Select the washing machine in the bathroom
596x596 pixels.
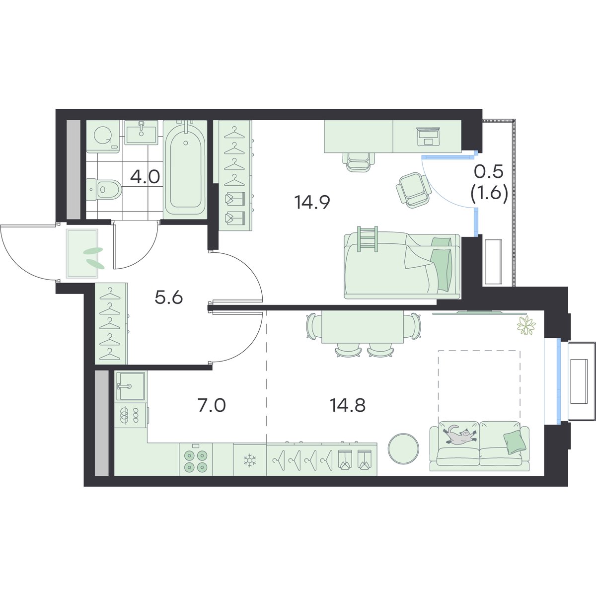[103, 136]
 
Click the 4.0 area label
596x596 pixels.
[145, 177]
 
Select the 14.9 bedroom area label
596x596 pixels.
[312, 203]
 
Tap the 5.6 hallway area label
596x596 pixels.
[169, 298]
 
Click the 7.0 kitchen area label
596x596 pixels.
[212, 405]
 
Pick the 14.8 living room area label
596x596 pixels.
[348, 405]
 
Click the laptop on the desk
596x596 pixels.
[428, 137]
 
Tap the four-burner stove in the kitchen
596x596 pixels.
[196, 461]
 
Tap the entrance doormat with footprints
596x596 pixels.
[82, 254]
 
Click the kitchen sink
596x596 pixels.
[131, 386]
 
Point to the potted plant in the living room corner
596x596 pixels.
[526, 325]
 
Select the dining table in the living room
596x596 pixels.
[363, 327]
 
